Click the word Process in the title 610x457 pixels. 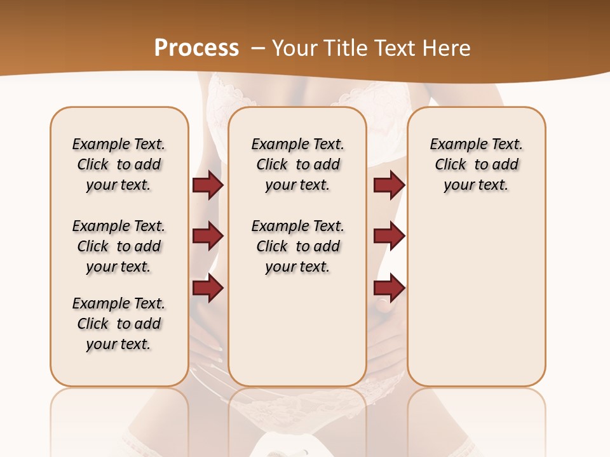(196, 48)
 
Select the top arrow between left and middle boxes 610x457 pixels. (208, 185)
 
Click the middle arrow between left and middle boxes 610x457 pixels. (208, 236)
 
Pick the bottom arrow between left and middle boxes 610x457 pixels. (208, 288)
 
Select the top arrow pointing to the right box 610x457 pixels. (389, 185)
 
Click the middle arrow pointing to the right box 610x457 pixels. (389, 236)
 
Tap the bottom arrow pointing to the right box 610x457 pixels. (389, 288)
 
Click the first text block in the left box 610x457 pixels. (119, 164)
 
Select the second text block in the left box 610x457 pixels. (119, 246)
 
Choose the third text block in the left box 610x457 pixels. (119, 324)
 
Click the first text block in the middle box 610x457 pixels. (297, 164)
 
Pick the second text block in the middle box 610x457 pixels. (297, 246)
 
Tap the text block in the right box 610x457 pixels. (476, 164)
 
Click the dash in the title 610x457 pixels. (257, 48)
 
